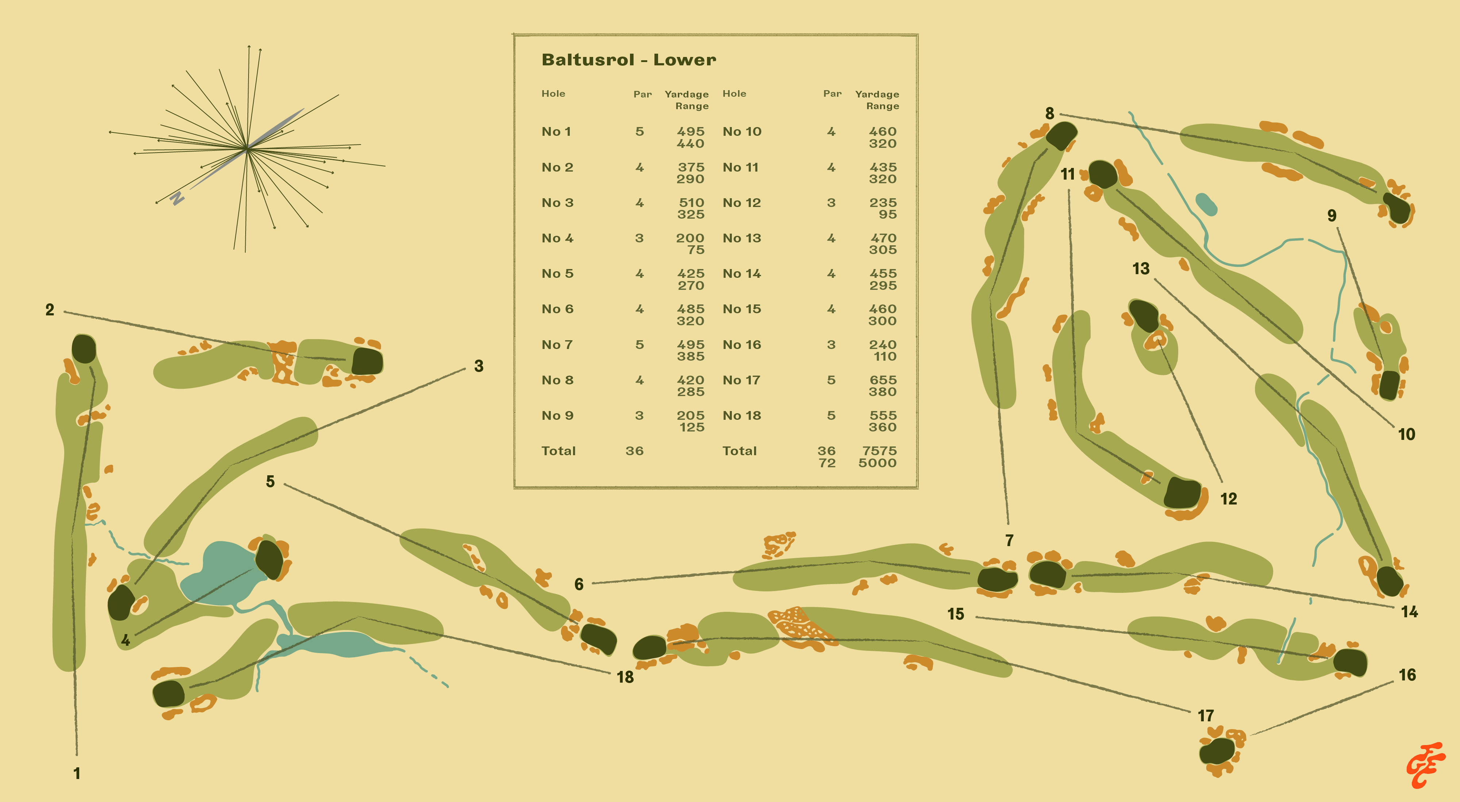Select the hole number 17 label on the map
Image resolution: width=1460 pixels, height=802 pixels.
1206,716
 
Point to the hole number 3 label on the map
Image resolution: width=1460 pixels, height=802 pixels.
479,366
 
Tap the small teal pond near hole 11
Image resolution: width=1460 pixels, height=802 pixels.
1206,204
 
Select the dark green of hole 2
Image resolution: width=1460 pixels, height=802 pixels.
367,361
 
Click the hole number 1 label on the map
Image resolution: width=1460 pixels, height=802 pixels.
77,773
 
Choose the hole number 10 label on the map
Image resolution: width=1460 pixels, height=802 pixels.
1406,434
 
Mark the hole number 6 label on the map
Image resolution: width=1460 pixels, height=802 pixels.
579,584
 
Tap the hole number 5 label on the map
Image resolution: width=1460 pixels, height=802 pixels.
270,482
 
